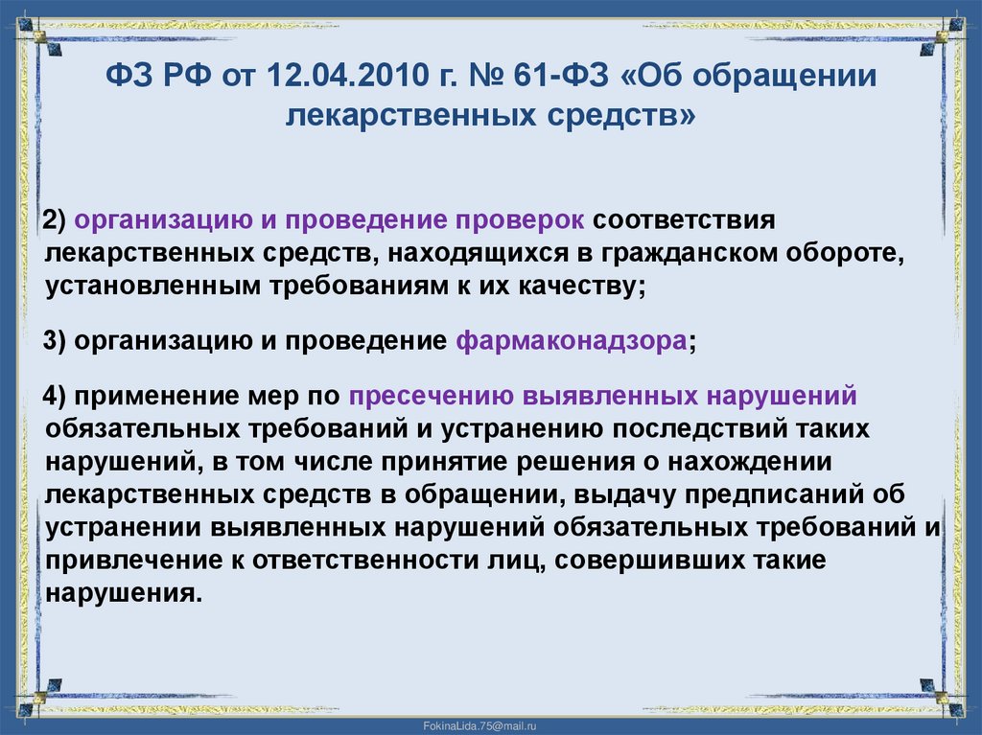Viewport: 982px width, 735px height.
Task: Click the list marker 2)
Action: pos(54,221)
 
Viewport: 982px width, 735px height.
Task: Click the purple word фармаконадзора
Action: pos(572,342)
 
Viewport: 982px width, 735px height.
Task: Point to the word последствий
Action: pos(713,429)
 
